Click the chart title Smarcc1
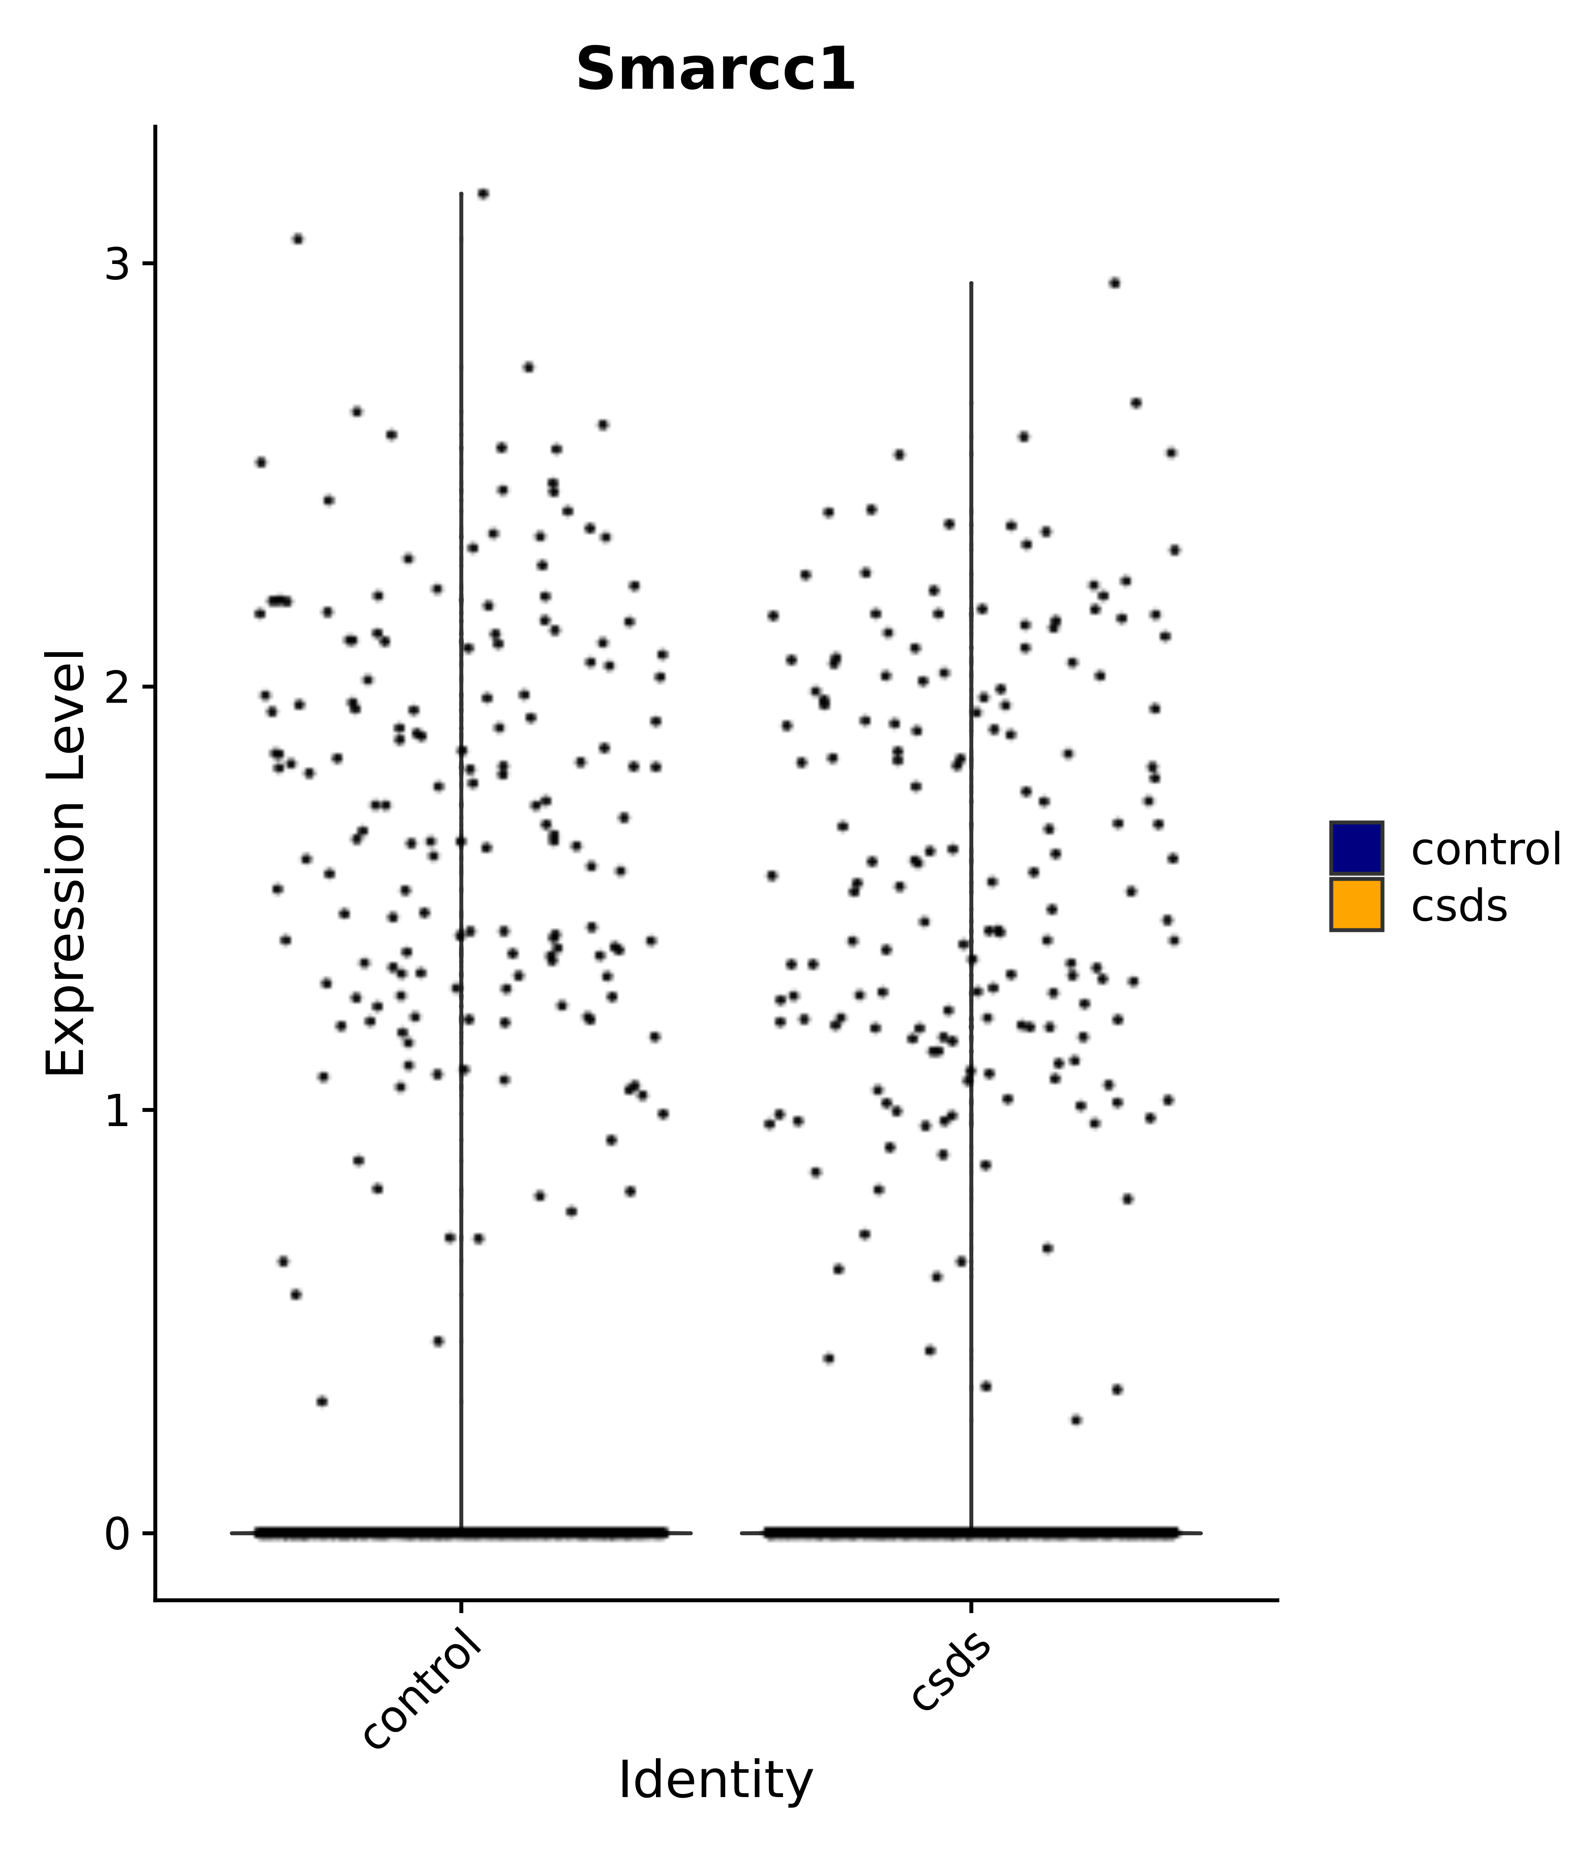pos(715,71)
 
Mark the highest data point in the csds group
pos(1114,283)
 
